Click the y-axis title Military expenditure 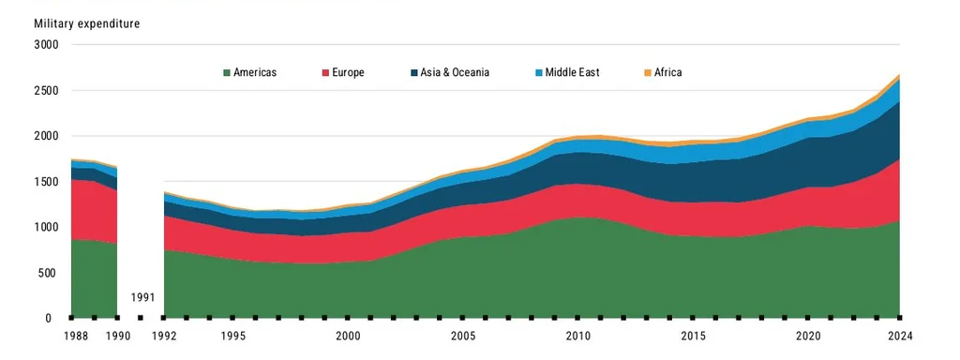pos(86,23)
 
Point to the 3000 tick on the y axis pos(46,45)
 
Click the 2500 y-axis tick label pos(46,91)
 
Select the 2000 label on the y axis pos(46,136)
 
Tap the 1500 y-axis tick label pos(46,182)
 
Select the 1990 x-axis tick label pos(117,336)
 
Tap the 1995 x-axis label pos(233,336)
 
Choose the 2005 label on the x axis pos(463,336)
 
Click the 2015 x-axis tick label pos(693,336)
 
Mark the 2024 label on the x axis pos(899,336)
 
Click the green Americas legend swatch pos(226,72)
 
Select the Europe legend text pos(347,72)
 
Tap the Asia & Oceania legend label pos(454,72)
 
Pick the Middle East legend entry pos(574,72)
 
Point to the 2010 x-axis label pos(577,336)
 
